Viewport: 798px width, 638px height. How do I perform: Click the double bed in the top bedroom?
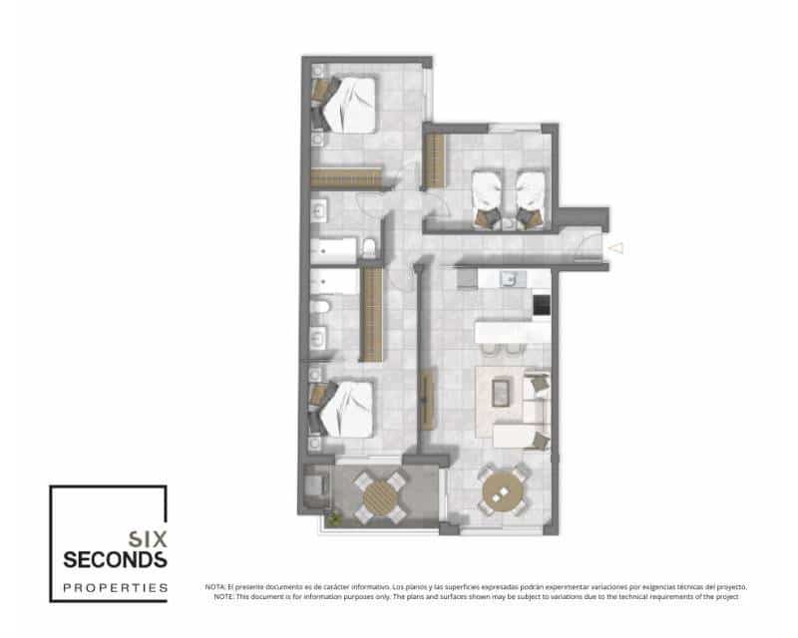[349, 104]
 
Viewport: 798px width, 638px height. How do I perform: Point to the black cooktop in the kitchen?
[542, 305]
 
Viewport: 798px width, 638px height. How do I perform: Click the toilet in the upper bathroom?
[368, 248]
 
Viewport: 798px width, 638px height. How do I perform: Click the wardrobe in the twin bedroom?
[435, 161]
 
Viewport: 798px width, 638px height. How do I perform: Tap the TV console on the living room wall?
[429, 398]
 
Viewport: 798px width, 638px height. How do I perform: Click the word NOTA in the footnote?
[214, 587]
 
